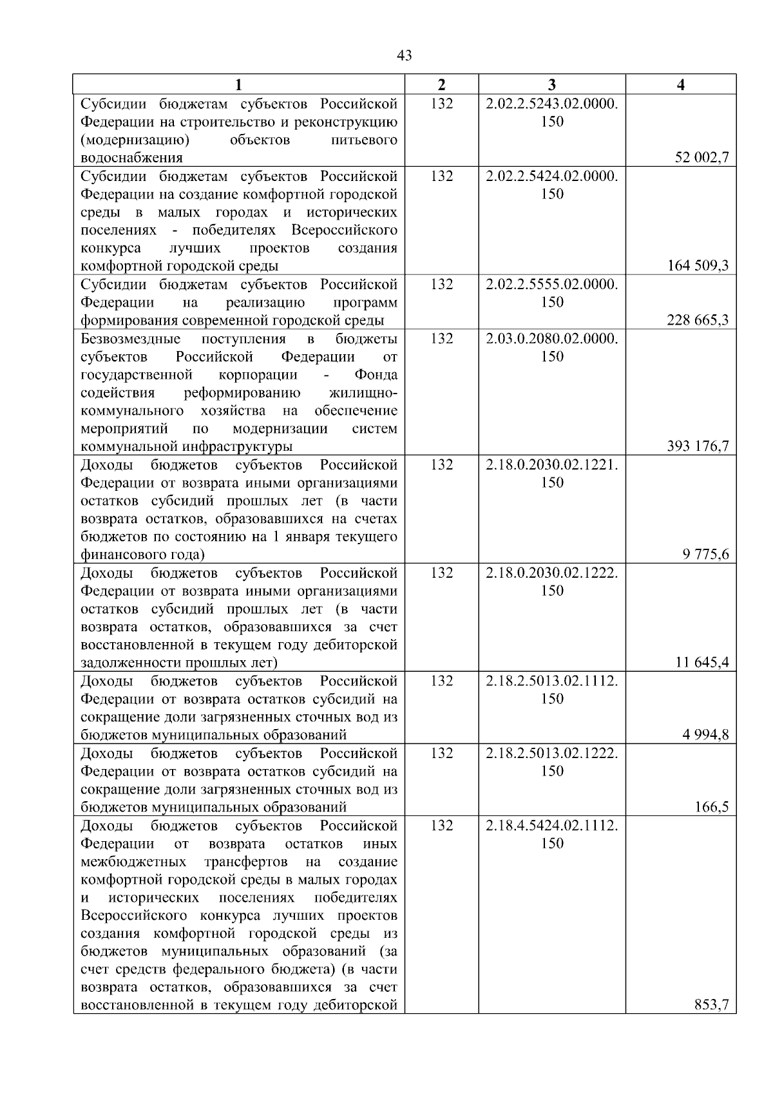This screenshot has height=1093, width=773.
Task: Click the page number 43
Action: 405,56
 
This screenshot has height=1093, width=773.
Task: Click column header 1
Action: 239,85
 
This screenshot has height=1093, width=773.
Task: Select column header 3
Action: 552,85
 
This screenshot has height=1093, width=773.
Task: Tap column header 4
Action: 681,85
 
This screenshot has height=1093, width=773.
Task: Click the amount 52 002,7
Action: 701,158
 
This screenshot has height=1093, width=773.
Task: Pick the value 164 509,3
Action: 698,266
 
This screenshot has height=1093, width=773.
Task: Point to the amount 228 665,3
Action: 698,320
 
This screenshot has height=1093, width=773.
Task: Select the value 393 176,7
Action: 698,446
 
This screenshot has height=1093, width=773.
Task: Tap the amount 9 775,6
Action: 705,555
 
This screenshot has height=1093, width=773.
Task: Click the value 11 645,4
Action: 701,663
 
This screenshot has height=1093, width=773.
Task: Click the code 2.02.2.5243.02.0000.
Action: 552,104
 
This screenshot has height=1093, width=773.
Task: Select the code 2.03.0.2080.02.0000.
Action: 552,339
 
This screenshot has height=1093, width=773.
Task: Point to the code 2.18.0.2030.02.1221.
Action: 552,465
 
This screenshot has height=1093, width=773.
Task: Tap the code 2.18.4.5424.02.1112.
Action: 552,826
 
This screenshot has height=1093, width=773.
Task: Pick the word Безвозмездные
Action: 131,339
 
